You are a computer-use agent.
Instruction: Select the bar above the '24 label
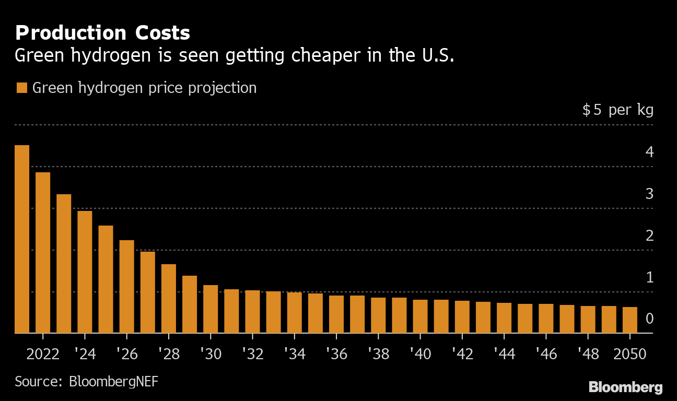tap(85, 272)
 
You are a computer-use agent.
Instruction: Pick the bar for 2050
tap(630, 320)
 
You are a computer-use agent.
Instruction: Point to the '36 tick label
tap(336, 354)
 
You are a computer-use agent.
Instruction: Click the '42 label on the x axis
tap(462, 354)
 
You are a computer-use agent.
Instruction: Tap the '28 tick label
tap(168, 354)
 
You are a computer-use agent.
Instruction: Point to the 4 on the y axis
tap(649, 152)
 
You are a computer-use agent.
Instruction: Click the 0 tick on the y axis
tap(649, 319)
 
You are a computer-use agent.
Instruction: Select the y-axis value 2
tap(649, 235)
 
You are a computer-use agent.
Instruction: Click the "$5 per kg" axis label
tap(618, 110)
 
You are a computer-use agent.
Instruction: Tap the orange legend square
tap(21, 88)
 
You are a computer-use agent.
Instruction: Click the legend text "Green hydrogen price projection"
tap(145, 88)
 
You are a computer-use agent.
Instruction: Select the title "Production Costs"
tap(102, 33)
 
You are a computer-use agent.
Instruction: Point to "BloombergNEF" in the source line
tap(113, 381)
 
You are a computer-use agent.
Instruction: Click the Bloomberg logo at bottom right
tap(625, 387)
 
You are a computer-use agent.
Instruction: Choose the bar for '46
tap(546, 319)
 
